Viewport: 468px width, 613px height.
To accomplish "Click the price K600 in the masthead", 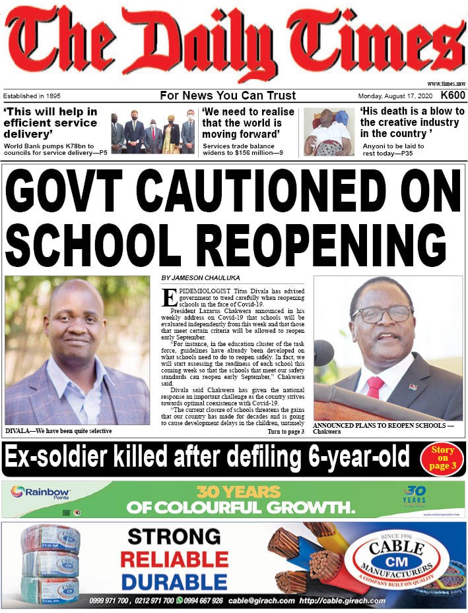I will (x=453, y=96).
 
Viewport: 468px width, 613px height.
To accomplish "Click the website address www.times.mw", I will (x=446, y=84).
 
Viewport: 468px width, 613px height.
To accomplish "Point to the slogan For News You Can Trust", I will (x=228, y=96).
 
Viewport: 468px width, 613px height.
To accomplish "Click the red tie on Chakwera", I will (x=375, y=387).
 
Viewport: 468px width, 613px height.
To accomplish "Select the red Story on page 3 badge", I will (x=442, y=458).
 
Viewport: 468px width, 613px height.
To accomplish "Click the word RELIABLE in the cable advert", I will (x=174, y=560).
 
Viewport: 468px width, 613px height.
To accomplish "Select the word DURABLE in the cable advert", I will (x=174, y=582).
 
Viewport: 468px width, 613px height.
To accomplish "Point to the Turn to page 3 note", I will (x=285, y=432).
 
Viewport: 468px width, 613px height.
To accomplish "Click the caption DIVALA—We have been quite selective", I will (x=59, y=431).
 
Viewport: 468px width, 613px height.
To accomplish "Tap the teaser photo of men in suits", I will (x=153, y=131).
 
